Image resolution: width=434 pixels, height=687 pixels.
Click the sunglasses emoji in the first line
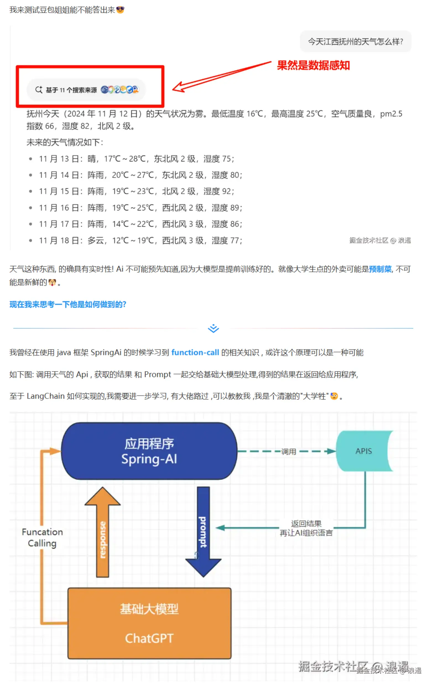pos(120,10)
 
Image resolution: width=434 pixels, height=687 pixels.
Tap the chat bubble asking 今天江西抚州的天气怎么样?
pos(355,42)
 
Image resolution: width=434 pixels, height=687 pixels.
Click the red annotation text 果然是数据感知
pos(313,65)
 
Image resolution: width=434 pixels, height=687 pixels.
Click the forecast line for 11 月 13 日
pos(136,159)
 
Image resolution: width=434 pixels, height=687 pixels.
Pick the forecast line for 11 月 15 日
pos(136,191)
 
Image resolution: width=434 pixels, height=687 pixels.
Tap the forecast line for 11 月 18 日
pos(140,241)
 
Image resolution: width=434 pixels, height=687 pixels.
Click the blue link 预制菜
pos(380,269)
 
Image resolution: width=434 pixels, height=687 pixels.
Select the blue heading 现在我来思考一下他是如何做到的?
pos(68,304)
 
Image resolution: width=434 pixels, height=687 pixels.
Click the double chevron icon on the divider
pos(213,328)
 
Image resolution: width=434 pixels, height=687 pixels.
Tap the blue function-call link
pos(195,352)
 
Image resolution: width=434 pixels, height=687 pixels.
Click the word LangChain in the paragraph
pos(46,396)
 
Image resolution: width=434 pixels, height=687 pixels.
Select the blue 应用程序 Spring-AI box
pos(149,451)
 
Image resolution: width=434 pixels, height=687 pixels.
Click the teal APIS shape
pos(364,451)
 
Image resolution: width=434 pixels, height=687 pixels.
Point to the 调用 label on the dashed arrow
pos(289,452)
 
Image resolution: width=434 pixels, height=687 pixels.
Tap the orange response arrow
pos(103,536)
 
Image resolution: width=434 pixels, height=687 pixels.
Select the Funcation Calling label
pos(42,537)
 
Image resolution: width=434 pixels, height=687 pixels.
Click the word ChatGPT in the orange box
pos(149,639)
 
